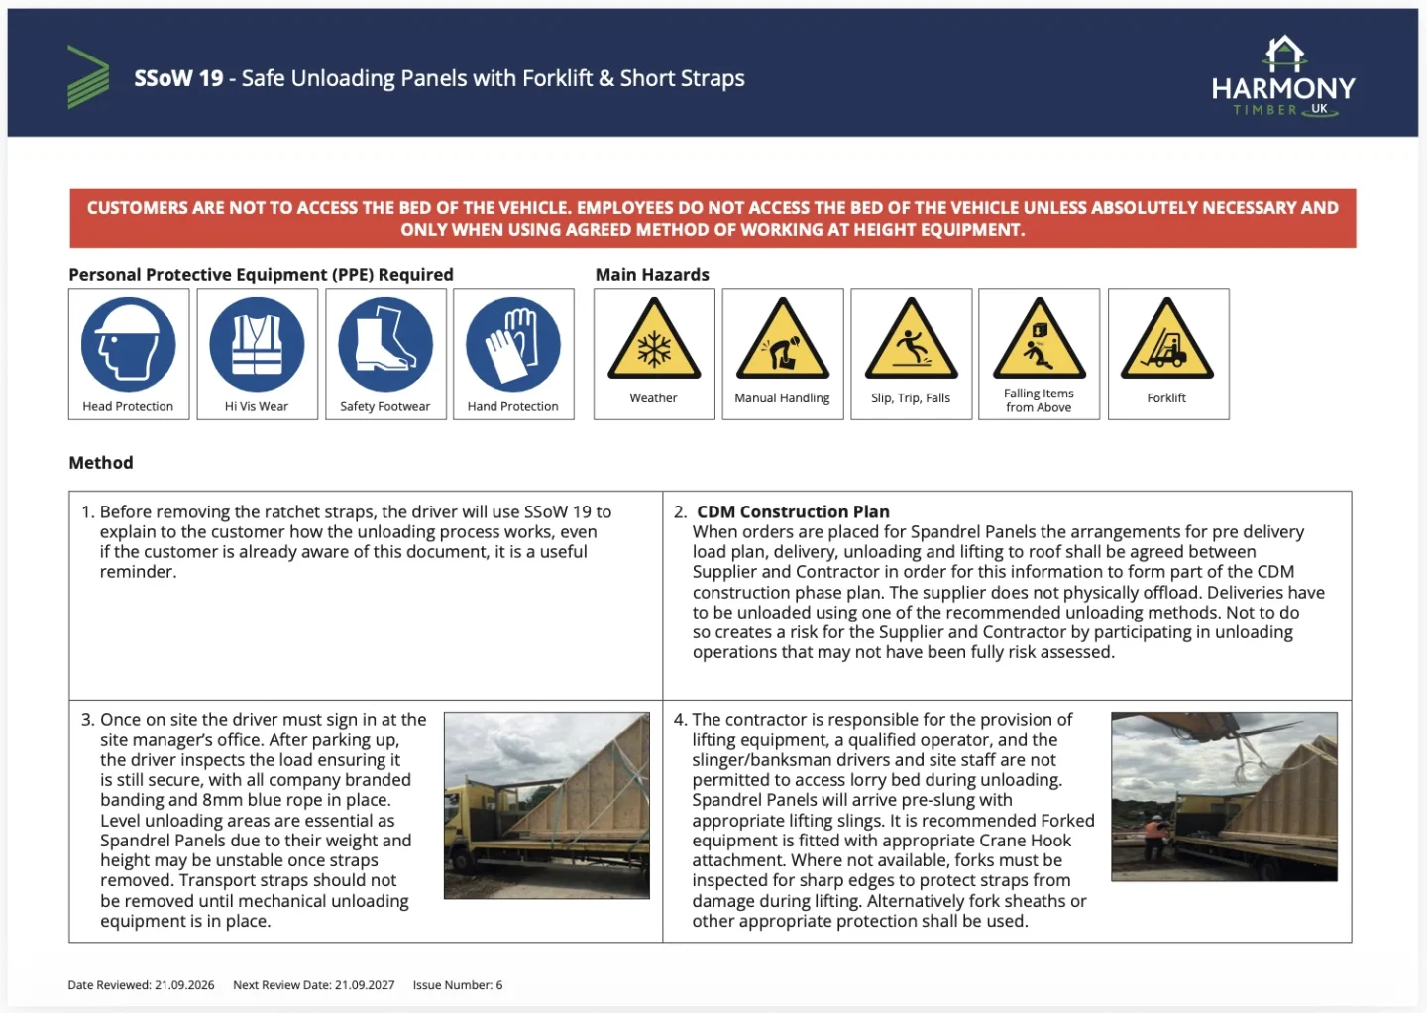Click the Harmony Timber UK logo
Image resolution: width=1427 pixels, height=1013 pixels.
[1283, 76]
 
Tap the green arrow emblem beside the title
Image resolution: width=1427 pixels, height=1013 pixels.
[88, 77]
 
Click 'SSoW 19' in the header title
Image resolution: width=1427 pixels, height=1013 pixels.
[178, 78]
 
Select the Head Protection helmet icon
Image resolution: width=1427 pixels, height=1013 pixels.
[129, 344]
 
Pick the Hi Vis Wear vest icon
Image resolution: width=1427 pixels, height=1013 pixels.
[257, 344]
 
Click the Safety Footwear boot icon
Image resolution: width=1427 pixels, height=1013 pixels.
[385, 344]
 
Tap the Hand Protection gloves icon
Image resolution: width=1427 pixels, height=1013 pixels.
[513, 344]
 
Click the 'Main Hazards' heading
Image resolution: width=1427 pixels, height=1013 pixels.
[652, 274]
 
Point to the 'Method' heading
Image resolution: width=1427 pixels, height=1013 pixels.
[101, 463]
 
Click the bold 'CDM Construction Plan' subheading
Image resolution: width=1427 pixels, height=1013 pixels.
[793, 511]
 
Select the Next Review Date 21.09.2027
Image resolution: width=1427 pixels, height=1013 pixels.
[313, 985]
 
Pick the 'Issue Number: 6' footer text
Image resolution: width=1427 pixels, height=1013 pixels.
[458, 985]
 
